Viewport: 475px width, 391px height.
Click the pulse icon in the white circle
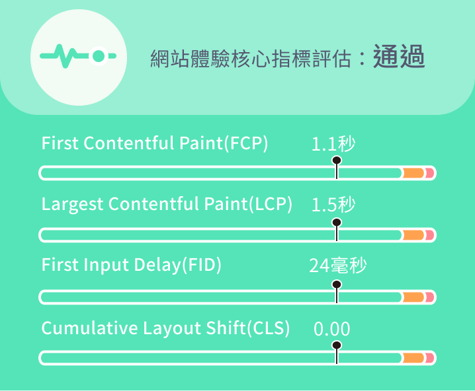point(78,56)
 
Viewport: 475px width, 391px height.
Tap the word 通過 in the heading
point(399,56)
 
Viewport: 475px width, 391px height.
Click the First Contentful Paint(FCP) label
point(155,143)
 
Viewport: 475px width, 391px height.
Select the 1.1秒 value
point(333,144)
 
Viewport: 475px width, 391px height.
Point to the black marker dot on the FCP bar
point(337,160)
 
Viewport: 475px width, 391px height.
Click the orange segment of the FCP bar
point(413,173)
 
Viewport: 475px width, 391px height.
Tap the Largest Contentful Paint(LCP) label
point(167,204)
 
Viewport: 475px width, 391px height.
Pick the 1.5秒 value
point(333,205)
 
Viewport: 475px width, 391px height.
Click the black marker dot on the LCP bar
point(337,223)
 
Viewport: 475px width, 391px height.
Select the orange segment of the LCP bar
point(413,235)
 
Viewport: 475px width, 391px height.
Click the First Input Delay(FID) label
point(132,266)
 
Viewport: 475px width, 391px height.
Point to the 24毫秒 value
point(338,266)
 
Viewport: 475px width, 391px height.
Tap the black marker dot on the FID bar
point(337,285)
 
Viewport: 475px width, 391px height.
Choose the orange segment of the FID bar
point(413,297)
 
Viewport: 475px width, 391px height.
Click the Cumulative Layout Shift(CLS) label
point(165,328)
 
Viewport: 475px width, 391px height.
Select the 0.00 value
point(331,329)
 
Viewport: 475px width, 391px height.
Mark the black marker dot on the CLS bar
point(337,345)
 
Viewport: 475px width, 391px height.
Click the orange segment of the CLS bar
point(413,358)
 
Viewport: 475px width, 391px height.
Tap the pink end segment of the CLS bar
point(430,358)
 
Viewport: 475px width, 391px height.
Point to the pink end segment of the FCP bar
point(430,173)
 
